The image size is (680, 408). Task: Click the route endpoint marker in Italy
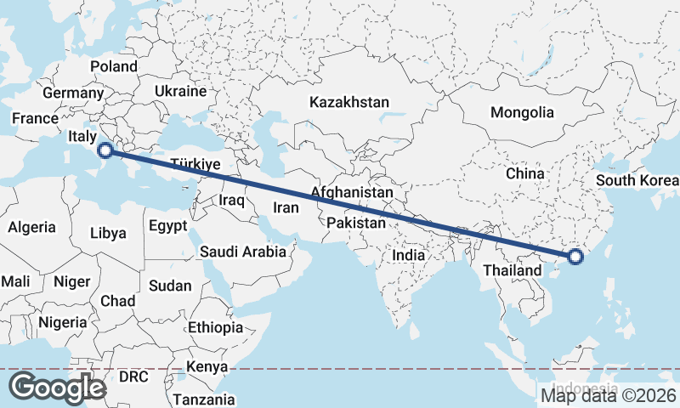(105, 151)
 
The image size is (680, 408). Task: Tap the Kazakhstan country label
(349, 102)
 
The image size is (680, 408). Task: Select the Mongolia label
(522, 112)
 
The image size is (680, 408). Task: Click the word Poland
(114, 66)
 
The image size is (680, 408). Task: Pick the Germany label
(72, 93)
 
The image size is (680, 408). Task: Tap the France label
(34, 119)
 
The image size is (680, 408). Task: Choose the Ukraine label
(181, 91)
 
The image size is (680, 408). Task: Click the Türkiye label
(195, 164)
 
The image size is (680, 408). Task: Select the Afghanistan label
(352, 193)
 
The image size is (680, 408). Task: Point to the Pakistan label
(356, 223)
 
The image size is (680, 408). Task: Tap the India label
(408, 254)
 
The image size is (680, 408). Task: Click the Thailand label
(511, 270)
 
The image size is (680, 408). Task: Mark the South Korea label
(637, 180)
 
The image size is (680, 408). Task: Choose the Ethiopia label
(216, 327)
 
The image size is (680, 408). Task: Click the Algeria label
(32, 227)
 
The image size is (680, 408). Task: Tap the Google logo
(57, 388)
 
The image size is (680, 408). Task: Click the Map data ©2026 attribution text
(609, 394)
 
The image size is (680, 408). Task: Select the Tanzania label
(203, 399)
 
